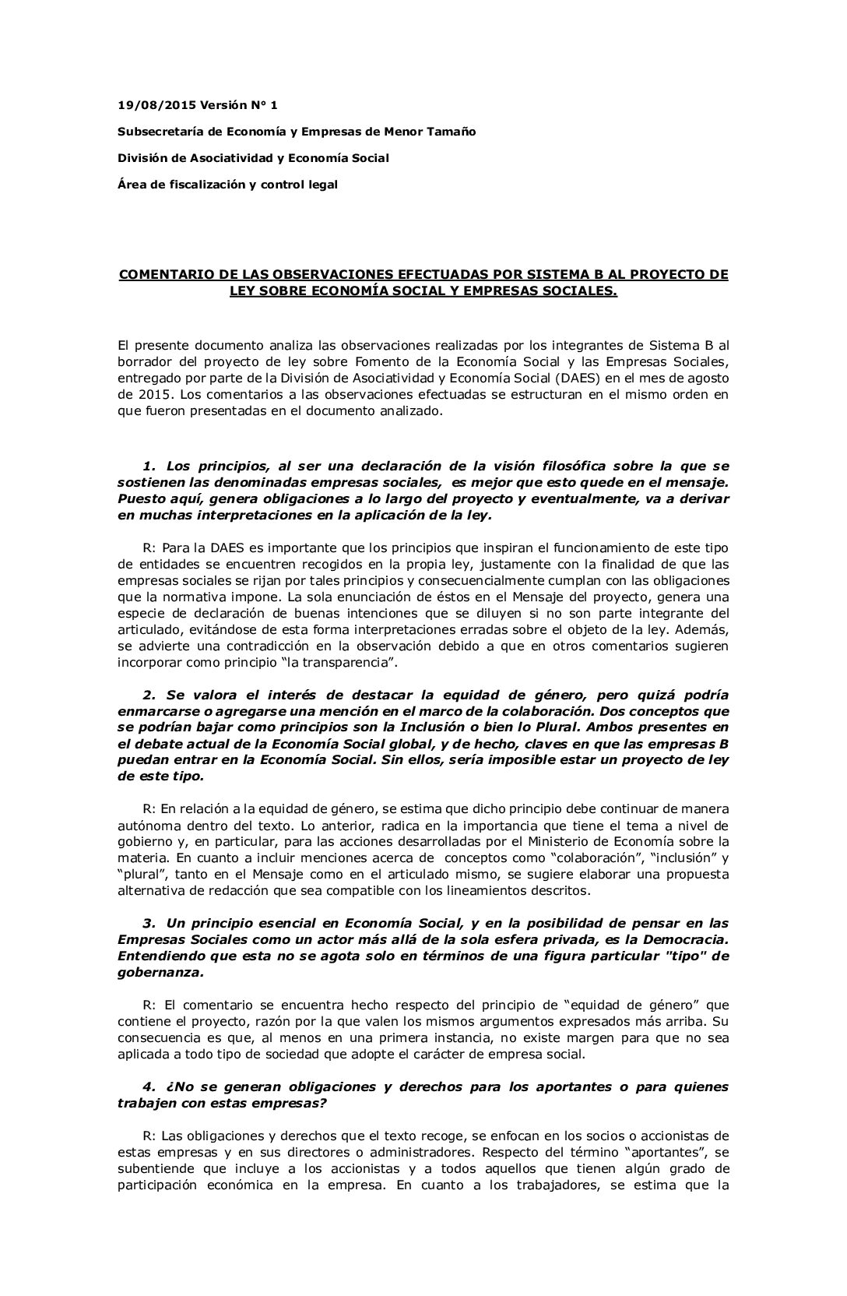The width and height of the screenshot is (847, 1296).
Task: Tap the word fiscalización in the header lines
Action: [204, 185]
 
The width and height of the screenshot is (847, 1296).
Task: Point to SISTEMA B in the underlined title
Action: [530, 274]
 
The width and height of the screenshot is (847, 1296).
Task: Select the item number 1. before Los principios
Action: [149, 466]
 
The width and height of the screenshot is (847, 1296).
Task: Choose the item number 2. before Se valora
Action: [149, 695]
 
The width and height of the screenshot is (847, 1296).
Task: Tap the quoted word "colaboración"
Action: [633, 858]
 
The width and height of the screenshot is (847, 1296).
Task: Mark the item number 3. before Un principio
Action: [149, 923]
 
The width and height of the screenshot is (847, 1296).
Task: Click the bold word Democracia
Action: [685, 939]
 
